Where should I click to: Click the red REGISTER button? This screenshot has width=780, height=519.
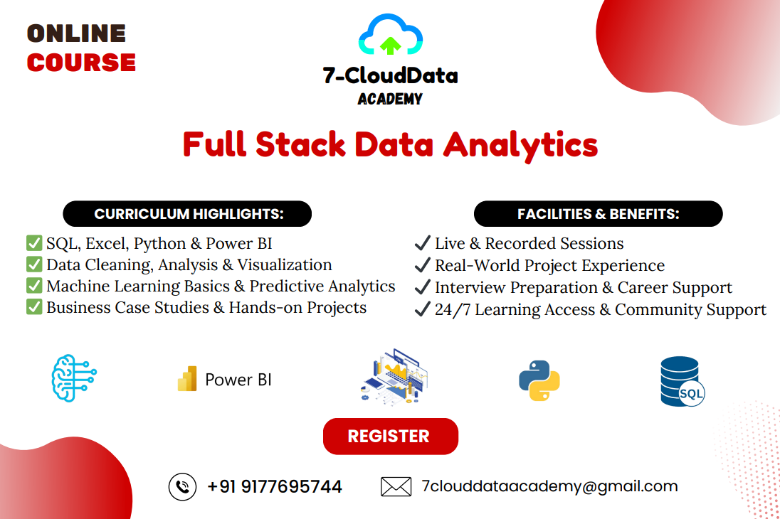point(391,436)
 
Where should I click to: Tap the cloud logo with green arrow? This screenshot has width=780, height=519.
point(391,35)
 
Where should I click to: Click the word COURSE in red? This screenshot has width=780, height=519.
point(81,63)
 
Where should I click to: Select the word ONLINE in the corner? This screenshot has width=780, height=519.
point(76,34)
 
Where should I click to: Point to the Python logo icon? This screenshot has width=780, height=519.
point(539,380)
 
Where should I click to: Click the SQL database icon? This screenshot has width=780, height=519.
point(682,381)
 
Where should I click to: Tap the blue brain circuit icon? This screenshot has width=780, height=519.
point(74,378)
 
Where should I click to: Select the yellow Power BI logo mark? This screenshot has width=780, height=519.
point(187,379)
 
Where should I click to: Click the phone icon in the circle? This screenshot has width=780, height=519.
point(183,487)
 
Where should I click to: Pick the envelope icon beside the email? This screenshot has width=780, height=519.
point(396,487)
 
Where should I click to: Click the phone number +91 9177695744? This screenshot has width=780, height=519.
point(275,487)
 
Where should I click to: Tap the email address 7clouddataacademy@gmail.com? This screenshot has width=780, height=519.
point(549,486)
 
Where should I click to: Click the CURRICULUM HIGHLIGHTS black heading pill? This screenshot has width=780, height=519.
point(187,214)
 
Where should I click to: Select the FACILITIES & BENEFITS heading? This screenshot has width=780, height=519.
point(599,214)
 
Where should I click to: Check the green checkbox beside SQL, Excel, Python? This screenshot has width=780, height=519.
point(34,243)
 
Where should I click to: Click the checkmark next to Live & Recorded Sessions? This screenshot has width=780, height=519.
point(422,243)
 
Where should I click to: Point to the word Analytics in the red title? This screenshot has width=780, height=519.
point(520,145)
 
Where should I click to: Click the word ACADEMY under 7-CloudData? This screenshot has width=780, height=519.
point(390,99)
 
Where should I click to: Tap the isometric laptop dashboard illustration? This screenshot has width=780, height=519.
point(394,377)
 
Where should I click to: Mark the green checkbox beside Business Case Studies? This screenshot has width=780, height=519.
point(34,307)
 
